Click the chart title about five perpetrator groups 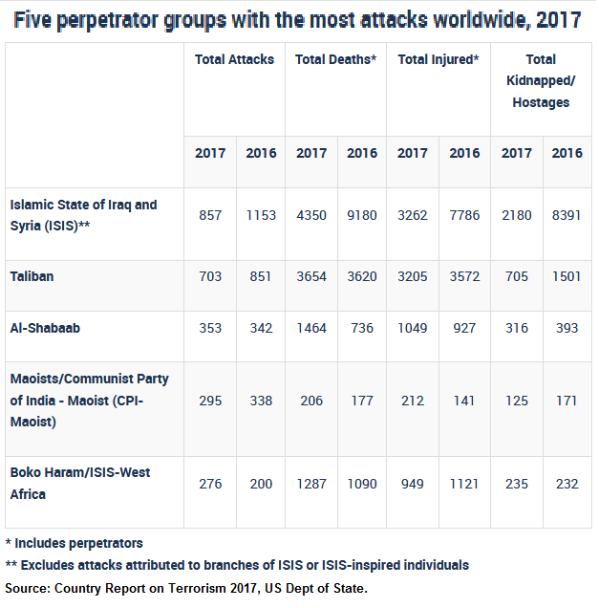click(299, 20)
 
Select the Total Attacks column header click(234, 59)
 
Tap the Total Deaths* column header click(335, 59)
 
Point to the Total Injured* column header click(437, 59)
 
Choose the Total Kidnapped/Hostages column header click(541, 80)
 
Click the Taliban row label click(32, 276)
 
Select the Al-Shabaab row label click(44, 328)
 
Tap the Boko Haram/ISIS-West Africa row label click(79, 483)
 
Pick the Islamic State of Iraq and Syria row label click(83, 215)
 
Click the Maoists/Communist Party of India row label click(89, 400)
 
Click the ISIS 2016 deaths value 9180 click(362, 215)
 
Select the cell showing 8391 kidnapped click(567, 215)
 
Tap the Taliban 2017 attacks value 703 click(210, 276)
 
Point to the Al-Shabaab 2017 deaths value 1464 click(311, 328)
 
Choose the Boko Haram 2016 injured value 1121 click(465, 484)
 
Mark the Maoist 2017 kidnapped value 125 click(517, 400)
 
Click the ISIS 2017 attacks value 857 click(210, 215)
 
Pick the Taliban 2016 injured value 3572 click(465, 276)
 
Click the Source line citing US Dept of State click(186, 587)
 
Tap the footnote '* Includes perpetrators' click(75, 543)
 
